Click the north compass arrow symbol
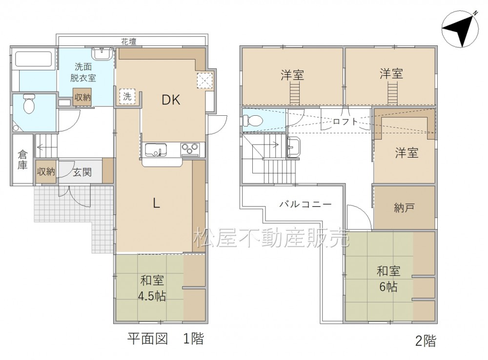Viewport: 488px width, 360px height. pos(460,30)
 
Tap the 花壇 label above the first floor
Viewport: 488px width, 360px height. pos(129,42)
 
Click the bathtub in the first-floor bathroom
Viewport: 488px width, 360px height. pos(34,59)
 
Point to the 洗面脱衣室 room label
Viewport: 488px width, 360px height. pos(83,72)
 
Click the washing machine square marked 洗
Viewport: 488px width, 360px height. pos(127,97)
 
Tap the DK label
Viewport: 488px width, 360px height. pos(171,100)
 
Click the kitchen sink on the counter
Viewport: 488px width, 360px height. pos(156,150)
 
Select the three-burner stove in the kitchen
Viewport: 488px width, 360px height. pos(190,149)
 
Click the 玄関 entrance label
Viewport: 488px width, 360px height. pos(82,172)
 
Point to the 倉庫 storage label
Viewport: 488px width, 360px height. pos(22,160)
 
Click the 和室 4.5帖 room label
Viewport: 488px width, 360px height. pos(152,288)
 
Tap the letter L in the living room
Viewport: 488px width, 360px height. pos(156,204)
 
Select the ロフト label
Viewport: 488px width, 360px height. pos(346,122)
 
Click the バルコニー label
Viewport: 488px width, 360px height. pos(305,204)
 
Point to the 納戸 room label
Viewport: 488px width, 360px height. pos(404,208)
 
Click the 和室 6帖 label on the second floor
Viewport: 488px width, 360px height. pos(388,279)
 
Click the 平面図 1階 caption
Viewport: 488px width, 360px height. pos(165,339)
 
